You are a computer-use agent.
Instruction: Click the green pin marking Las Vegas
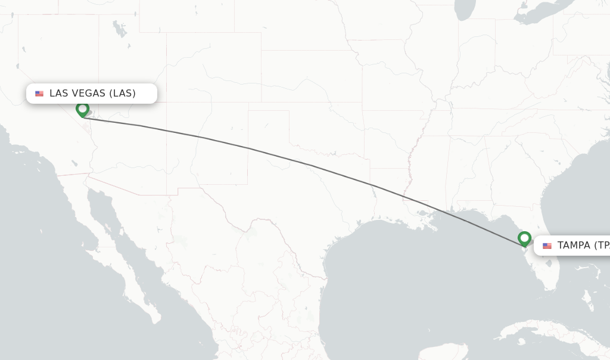[82, 109]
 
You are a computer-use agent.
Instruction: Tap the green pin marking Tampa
[524, 238]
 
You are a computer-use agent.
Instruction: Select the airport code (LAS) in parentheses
[122, 93]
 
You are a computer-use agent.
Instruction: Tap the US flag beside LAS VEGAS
[39, 94]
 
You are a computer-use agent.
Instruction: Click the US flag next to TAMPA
[547, 246]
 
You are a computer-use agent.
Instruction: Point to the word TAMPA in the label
[574, 245]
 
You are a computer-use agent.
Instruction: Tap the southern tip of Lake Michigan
[465, 16]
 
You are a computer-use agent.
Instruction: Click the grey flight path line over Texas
[310, 165]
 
